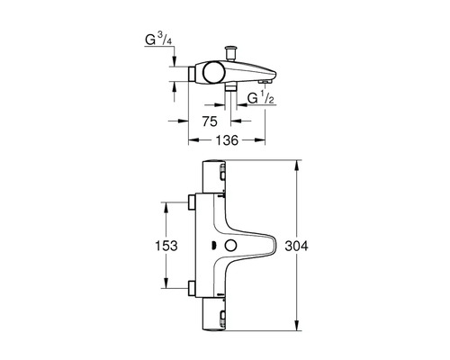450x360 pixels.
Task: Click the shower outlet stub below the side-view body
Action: (x=229, y=91)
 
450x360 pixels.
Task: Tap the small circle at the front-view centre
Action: (x=230, y=246)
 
